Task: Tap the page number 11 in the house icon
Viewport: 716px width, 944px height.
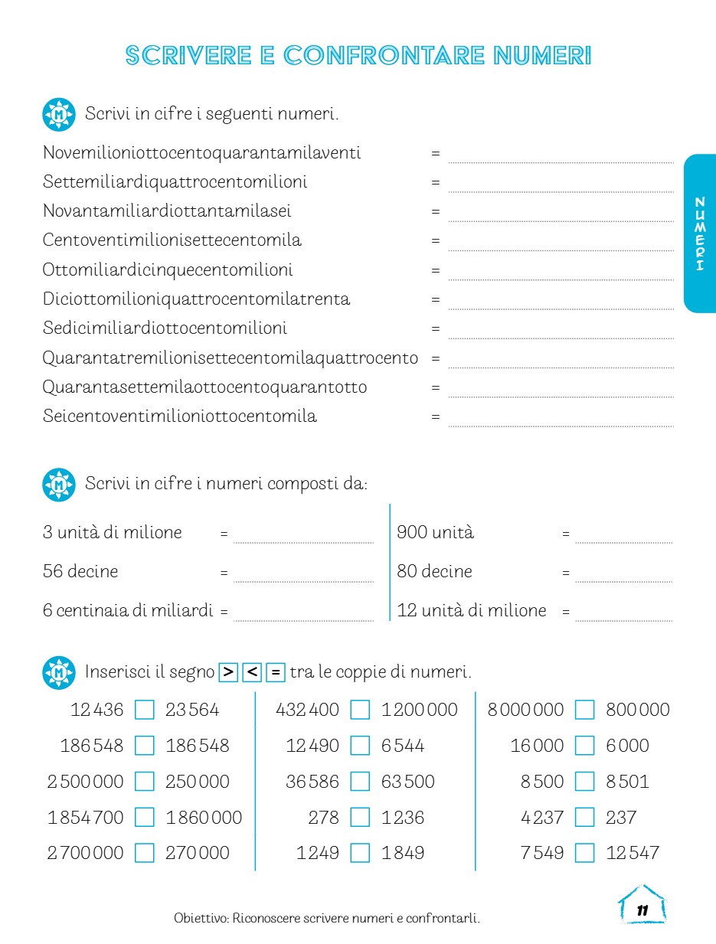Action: tap(642, 910)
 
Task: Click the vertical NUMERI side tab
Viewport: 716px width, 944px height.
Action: tap(699, 234)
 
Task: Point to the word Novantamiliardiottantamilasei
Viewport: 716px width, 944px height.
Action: tap(167, 211)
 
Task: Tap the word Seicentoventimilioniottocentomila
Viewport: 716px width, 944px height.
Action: tap(180, 416)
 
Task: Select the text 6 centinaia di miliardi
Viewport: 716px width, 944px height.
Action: tap(128, 611)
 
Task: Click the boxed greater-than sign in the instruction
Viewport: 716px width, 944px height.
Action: tap(228, 672)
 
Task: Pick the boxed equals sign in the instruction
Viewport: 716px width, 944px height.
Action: tap(276, 672)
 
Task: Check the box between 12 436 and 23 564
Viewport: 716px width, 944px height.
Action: tap(145, 710)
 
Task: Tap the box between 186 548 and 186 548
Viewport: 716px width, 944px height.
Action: tap(145, 746)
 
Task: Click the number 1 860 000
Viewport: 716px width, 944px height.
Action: tap(204, 817)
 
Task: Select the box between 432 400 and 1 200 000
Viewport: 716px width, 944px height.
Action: tap(360, 710)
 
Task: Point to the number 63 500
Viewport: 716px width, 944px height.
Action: tap(407, 782)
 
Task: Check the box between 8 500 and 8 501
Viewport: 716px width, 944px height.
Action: tap(584, 782)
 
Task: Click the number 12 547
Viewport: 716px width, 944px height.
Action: tap(632, 853)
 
